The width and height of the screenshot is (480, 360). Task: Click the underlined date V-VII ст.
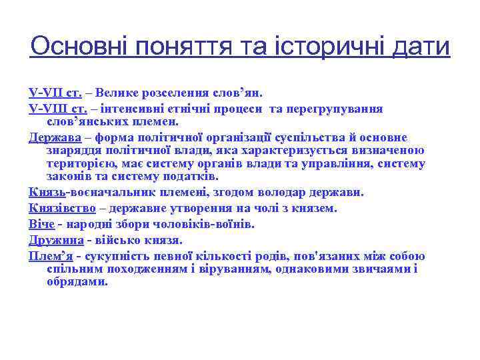click(x=55, y=93)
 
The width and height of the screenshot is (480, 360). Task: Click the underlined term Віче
click(x=41, y=224)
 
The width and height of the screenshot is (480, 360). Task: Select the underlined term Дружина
click(x=56, y=240)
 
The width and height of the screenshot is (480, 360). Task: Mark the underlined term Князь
click(x=47, y=192)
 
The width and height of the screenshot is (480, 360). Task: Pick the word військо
click(x=118, y=240)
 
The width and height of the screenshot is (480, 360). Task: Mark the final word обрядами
click(x=77, y=281)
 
